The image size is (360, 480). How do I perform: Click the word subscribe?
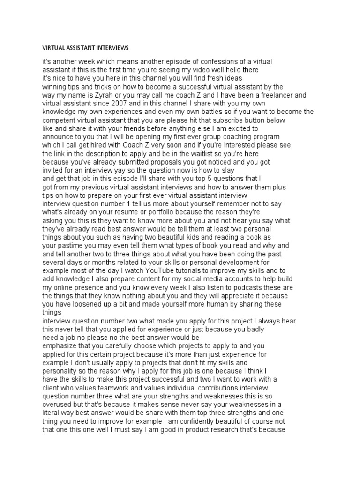tap(242, 120)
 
